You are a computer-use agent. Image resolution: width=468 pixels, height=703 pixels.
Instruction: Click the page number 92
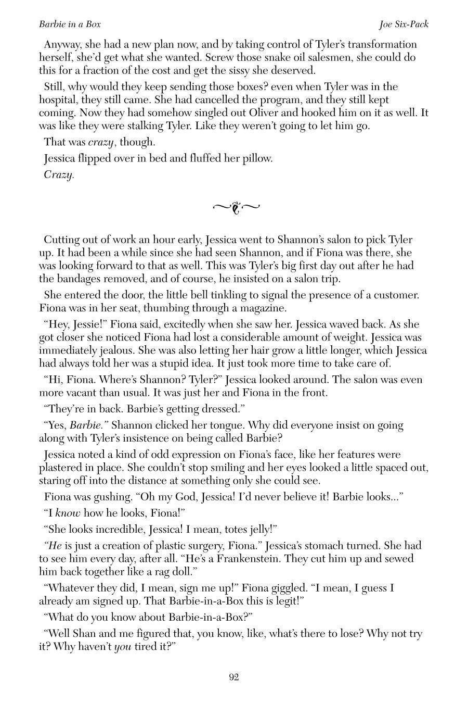233,677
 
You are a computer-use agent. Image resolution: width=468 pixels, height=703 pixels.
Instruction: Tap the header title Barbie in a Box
70,24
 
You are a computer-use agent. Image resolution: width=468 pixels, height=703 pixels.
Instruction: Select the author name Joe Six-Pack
404,24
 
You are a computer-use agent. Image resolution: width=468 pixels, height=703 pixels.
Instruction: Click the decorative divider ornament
236,208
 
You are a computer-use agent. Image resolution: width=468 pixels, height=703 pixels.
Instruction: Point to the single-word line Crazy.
59,175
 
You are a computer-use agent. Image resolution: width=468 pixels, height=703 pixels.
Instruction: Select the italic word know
68,513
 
